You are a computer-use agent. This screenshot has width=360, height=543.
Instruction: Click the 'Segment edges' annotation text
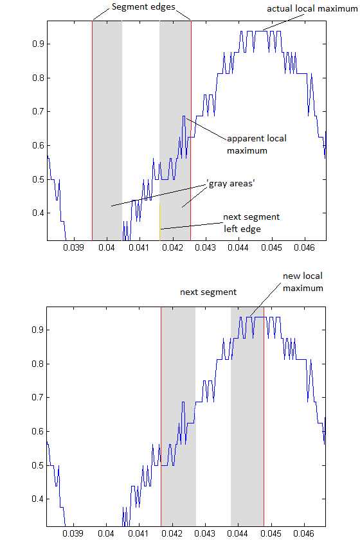(x=143, y=7)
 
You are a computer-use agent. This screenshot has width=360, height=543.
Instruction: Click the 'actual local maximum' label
(x=312, y=8)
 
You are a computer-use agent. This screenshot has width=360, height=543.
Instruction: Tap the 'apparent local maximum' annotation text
(x=256, y=145)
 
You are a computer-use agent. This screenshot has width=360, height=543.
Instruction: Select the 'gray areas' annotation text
(x=231, y=184)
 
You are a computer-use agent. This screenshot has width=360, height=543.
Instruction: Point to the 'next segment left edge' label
(x=251, y=223)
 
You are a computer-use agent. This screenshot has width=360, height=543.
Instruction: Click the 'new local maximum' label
(x=303, y=282)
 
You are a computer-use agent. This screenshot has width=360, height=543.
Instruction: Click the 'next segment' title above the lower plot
(x=208, y=292)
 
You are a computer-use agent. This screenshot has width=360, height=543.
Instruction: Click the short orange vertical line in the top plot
(x=159, y=222)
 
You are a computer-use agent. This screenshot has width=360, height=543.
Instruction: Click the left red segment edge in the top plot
(x=93, y=130)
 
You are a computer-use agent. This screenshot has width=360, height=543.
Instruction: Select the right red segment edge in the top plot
(x=191, y=130)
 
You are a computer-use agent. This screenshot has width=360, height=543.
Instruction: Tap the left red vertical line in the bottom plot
(x=161, y=416)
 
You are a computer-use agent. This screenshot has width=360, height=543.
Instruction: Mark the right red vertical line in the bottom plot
(x=264, y=416)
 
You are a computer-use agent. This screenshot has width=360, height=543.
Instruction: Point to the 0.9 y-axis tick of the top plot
(x=38, y=44)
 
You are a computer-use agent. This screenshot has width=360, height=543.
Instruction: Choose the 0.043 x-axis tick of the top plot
(x=206, y=247)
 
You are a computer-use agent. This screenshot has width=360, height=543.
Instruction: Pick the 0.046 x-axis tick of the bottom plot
(x=304, y=533)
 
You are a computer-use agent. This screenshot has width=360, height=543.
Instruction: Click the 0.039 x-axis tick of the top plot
(x=73, y=247)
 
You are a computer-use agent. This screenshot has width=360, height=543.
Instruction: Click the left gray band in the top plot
(x=107, y=130)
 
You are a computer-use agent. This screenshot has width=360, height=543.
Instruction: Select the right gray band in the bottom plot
(x=247, y=416)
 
